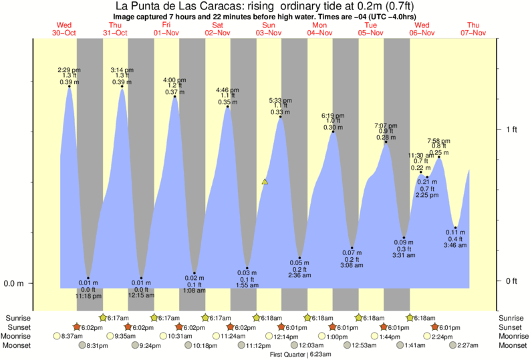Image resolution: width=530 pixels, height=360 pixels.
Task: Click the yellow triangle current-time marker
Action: point(265,181)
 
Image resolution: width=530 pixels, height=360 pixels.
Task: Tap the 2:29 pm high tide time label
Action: point(69,69)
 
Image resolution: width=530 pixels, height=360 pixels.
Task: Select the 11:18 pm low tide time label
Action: point(88,295)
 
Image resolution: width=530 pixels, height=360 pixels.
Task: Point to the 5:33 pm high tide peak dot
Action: point(280,118)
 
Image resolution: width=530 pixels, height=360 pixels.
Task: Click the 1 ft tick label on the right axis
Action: point(511,129)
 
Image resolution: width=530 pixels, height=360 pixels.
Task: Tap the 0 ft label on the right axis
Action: point(511,281)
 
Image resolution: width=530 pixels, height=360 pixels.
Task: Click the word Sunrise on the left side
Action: point(17,318)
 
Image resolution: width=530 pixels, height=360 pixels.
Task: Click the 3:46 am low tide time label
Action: point(455,246)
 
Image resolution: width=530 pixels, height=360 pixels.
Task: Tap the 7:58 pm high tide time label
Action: point(439,141)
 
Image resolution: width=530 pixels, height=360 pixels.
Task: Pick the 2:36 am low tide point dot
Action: point(299,258)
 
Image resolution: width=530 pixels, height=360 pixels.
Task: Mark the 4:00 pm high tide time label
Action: point(175,80)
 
